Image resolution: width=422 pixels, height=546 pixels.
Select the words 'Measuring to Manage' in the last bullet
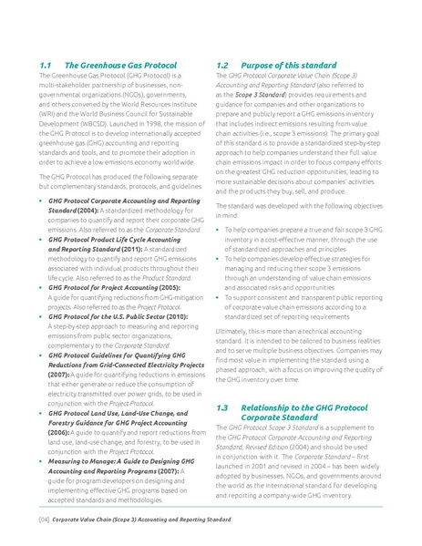[x=82, y=461]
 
